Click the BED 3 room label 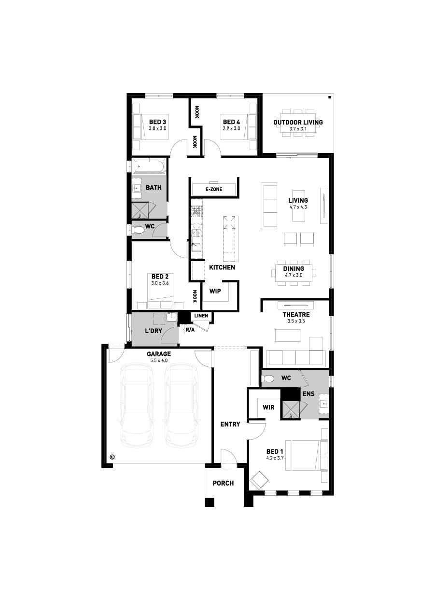pos(157,122)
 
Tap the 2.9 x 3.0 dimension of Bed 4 pos(231,128)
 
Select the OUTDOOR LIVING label pos(298,122)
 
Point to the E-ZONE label pos(214,189)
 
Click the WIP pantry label pos(215,291)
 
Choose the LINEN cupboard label pos(201,316)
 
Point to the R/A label pos(190,330)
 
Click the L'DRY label pos(154,331)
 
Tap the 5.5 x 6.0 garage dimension pos(158,361)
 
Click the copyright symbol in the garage pos(112,457)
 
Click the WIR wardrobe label pos(268,407)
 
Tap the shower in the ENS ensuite pos(291,410)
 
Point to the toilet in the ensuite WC pos(268,378)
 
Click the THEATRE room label pos(296,314)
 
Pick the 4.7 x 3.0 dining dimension pos(294,275)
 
